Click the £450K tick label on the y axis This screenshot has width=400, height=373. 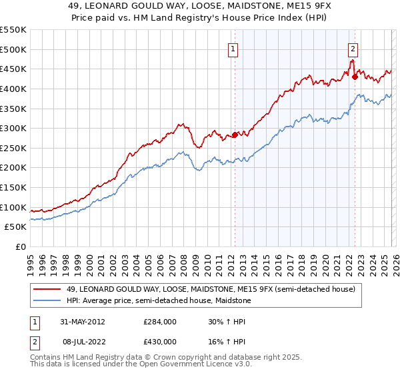13,69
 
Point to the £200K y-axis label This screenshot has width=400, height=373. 13,167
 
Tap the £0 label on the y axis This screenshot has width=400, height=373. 21,246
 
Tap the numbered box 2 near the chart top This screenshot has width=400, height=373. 352,48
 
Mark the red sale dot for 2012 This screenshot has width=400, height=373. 235,135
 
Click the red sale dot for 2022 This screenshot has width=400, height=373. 355,77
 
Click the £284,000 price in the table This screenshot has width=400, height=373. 160,321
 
